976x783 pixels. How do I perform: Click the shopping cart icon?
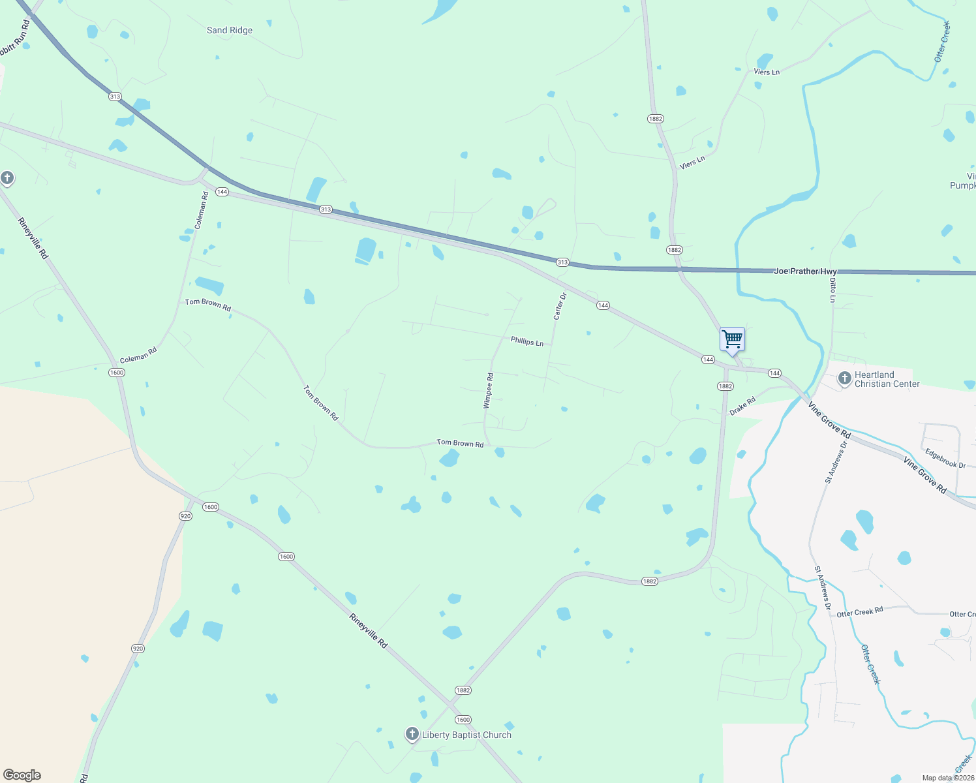tap(732, 339)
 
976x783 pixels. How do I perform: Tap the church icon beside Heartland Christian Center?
tap(844, 378)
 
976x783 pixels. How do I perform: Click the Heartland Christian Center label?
tap(887, 379)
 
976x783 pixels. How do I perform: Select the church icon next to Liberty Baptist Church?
tap(412, 734)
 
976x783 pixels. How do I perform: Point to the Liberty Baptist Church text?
tap(466, 735)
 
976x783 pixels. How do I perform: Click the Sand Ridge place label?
tap(229, 30)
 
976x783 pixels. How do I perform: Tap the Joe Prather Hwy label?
tap(805, 271)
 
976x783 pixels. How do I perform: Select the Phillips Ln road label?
tap(526, 341)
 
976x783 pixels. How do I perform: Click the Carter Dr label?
tap(560, 306)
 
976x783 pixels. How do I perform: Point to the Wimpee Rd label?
tap(488, 391)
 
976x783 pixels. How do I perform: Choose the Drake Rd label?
tap(742, 406)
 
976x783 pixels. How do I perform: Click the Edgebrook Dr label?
tap(945, 458)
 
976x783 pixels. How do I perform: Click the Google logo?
tap(22, 775)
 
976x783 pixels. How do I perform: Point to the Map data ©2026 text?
tap(948, 778)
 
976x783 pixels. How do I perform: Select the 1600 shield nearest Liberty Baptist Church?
tap(463, 720)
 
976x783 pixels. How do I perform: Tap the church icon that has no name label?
tap(7, 178)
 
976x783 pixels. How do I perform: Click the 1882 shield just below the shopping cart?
tap(725, 386)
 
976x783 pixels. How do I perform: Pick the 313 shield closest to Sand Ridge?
tap(115, 97)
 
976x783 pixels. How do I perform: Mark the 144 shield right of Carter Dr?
tap(603, 305)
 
